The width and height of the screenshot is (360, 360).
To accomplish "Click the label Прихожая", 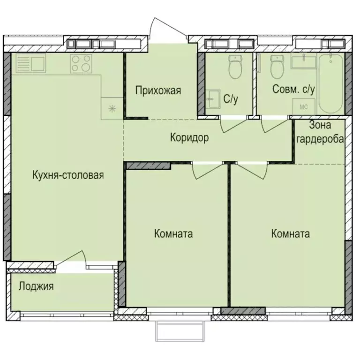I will [x=158, y=90].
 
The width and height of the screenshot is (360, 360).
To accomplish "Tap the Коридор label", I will [x=189, y=138].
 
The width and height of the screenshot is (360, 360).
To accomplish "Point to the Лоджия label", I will [x=36, y=286].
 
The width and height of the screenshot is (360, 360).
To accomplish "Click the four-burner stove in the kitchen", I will [x=80, y=63].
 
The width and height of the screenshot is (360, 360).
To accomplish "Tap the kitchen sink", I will [x=30, y=63].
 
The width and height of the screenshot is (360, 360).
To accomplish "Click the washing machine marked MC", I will [x=303, y=106].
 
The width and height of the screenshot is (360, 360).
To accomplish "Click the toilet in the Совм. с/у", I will [x=277, y=68].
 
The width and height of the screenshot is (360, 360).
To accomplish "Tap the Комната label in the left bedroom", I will [x=173, y=234].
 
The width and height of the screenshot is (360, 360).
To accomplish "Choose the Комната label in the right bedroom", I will [x=290, y=234].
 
